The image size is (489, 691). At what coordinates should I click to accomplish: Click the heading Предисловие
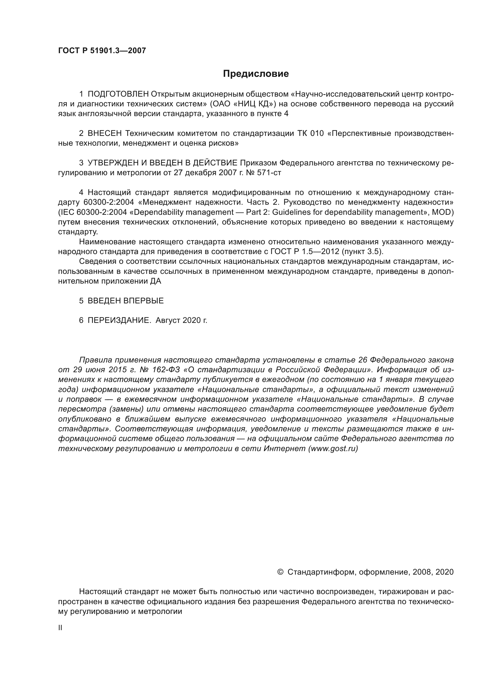pos(256,74)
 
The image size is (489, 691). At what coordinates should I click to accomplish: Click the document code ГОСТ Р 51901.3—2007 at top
pos(102,51)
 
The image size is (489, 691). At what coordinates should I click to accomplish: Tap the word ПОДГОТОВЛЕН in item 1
pos(118,94)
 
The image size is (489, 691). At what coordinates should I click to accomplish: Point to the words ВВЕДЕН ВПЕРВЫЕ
pos(126,301)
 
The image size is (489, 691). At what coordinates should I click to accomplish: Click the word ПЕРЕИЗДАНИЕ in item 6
pos(119,320)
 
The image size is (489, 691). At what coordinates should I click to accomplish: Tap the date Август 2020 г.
pos(181,321)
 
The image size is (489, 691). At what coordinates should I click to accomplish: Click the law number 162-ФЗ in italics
pos(166,370)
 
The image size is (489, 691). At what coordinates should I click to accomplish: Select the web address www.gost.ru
pos(333,448)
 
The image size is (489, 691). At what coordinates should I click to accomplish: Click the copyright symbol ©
pos(280,572)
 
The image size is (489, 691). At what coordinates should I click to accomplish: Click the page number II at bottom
pos(60,628)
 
